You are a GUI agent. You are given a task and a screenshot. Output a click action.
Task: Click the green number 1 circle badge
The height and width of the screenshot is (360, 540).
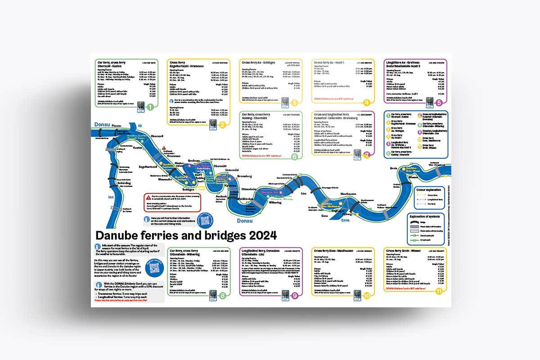point(150,107)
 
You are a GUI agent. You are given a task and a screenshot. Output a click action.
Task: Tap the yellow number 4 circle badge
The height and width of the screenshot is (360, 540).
point(367,102)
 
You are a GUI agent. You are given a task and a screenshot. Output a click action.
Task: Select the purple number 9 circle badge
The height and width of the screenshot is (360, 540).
point(294,296)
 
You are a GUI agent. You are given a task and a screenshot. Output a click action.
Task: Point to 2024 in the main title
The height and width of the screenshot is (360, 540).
point(261,235)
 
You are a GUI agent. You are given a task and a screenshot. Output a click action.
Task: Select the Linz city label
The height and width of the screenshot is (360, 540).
point(304,193)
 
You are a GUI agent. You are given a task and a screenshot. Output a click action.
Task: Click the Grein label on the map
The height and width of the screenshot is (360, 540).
point(394,168)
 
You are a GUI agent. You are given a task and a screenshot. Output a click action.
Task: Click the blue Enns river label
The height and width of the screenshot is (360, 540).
point(346,220)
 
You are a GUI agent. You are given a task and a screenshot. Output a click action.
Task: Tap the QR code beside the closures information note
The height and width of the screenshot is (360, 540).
point(205,220)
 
